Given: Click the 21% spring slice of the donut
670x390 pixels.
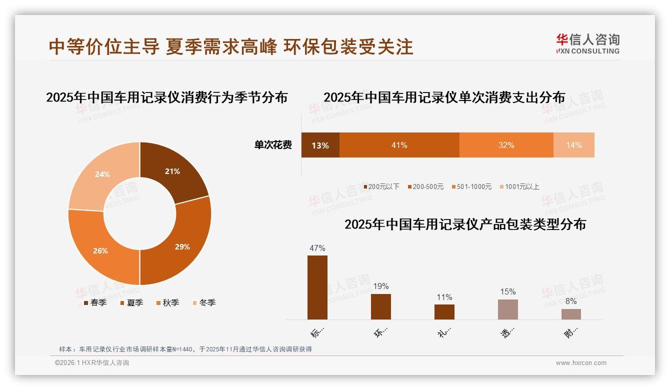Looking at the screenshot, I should (172, 171).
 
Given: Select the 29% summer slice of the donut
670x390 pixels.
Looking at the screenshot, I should (182, 246).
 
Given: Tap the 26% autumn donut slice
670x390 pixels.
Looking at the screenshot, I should (101, 250).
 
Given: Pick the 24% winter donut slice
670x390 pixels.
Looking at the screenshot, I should (103, 174).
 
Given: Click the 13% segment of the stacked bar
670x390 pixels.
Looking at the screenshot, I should (320, 145).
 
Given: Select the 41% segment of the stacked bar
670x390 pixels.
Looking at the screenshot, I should (399, 145).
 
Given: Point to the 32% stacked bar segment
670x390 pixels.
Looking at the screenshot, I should (506, 145).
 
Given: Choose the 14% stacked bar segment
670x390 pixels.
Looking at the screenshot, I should (574, 145).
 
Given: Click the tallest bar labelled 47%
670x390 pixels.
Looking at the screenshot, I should (317, 287).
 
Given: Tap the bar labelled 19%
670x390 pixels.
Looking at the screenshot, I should (381, 306).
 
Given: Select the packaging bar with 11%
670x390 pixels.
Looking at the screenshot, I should (444, 312).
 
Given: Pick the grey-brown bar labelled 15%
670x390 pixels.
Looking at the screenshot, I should (508, 309).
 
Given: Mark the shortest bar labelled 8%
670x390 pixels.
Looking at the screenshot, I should (571, 314).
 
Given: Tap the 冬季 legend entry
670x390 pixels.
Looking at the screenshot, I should (204, 302).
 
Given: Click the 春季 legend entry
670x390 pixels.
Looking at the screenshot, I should (95, 302).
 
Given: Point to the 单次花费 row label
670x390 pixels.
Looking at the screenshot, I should (273, 145).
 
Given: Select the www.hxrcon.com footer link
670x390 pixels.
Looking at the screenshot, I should (581, 363).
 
